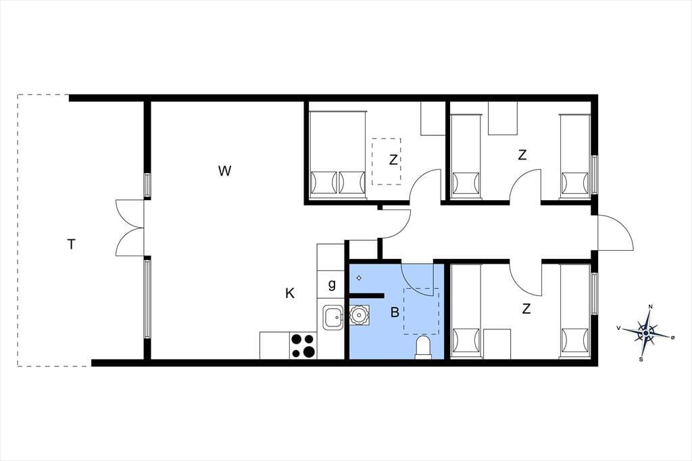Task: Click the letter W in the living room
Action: coord(224,170)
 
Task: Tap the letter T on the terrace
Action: coord(72,244)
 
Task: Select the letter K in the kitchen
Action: coord(290,293)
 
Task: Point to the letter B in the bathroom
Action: coord(395,312)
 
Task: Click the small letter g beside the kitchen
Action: coord(332,285)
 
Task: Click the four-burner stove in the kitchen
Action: coord(303,346)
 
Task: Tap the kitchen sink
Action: coord(333,317)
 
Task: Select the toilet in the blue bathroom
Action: coord(423,347)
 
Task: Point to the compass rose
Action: coord(646,333)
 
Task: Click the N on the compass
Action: coord(651,307)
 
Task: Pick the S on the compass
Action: coord(641,359)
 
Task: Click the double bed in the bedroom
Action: coord(338,155)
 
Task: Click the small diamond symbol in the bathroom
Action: coord(360,278)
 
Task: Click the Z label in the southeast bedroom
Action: coord(526,309)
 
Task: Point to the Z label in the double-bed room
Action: coord(393,160)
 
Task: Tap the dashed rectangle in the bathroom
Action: coord(422,311)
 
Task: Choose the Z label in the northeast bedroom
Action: coord(522,155)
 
